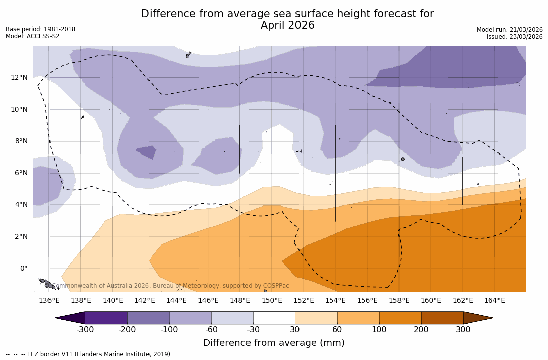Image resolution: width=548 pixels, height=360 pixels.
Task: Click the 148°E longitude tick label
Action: point(240,301)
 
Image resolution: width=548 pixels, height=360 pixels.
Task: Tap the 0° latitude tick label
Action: point(24,268)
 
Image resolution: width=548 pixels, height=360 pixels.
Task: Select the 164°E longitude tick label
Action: point(494,301)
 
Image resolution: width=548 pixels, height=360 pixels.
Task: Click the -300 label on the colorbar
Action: point(85,330)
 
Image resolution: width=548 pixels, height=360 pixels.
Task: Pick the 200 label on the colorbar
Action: point(421,330)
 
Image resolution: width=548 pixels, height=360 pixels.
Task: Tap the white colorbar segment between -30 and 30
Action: point(274,318)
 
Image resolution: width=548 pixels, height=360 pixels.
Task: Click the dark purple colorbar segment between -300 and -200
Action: point(106,318)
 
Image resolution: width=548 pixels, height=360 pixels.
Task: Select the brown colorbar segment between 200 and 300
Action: point(442,318)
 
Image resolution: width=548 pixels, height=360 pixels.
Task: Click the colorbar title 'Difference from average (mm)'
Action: point(274,343)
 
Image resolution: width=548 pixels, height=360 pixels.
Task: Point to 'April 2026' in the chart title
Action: point(287,25)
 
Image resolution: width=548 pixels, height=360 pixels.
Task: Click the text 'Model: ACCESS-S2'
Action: point(32,36)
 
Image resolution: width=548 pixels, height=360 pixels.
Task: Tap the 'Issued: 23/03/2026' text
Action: point(515,37)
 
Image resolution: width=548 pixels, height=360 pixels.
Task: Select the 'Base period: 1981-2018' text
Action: point(40,29)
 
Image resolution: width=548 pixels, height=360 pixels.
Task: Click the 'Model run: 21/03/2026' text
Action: point(510,30)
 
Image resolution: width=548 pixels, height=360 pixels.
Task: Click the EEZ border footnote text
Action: point(89,354)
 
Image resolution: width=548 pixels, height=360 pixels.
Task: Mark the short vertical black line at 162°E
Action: point(463,181)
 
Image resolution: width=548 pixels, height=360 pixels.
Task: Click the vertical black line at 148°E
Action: point(240,149)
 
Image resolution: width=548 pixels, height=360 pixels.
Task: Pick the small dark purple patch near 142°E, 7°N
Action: point(146,151)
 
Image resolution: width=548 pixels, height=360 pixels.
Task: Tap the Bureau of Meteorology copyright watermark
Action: point(171,286)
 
